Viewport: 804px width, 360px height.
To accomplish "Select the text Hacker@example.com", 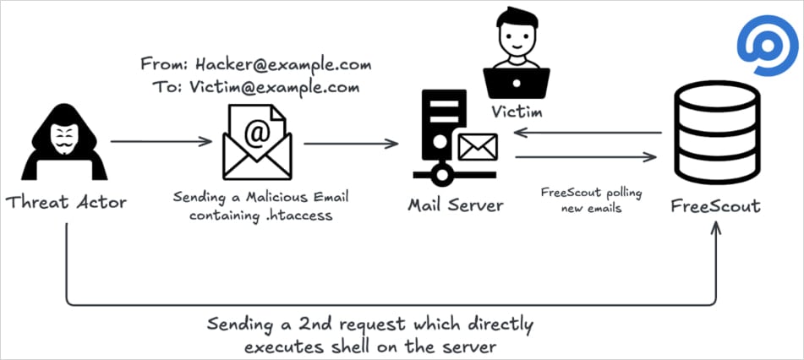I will pyautogui.click(x=283, y=64).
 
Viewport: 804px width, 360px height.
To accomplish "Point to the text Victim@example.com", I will pyautogui.click(x=285, y=86).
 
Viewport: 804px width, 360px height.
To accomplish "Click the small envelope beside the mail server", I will pyautogui.click(x=477, y=149).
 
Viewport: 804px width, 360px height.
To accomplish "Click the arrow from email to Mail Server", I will pyautogui.click(x=350, y=142).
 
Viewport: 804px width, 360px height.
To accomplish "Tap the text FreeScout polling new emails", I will pyautogui.click(x=591, y=200).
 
